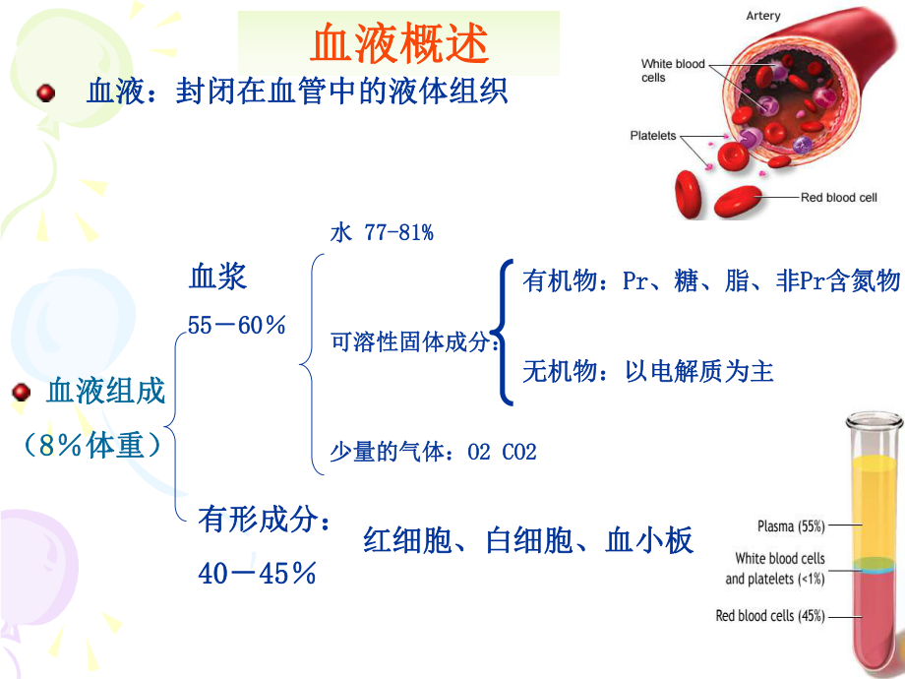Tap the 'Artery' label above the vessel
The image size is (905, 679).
(x=763, y=16)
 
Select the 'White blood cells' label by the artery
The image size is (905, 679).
(x=673, y=70)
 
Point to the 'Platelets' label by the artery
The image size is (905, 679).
(x=653, y=136)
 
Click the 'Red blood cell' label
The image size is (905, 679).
(x=838, y=198)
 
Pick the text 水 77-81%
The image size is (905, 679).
(x=382, y=233)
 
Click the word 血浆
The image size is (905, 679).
(x=217, y=277)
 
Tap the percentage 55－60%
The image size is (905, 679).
(x=237, y=324)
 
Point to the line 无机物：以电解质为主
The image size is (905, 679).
(x=648, y=371)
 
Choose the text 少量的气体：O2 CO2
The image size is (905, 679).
(x=433, y=452)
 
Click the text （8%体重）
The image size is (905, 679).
(x=93, y=445)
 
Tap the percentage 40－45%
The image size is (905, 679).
(x=257, y=573)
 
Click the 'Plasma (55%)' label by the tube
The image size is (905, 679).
(x=791, y=525)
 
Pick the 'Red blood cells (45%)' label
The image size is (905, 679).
(x=769, y=616)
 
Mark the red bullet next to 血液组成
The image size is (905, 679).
(x=21, y=393)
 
